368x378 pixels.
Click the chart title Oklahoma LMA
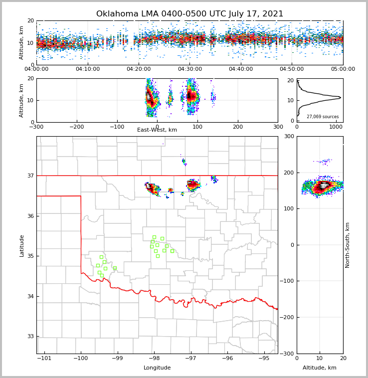189,14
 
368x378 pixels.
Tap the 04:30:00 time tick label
190,69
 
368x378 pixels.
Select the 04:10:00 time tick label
88,69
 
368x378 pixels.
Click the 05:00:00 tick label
343,69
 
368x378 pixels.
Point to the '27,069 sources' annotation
323,117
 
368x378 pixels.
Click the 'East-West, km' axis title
157,130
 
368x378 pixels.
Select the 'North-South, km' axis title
348,245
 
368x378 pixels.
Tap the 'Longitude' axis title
157,368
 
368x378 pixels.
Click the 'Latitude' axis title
21,245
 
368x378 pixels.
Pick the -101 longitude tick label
44,358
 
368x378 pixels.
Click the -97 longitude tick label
191,358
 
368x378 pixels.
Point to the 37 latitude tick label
30,176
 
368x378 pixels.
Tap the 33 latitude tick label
30,337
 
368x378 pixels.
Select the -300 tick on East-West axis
36,127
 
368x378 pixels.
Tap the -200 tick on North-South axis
288,317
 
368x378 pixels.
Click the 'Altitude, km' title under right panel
320,368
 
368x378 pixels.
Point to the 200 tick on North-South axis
289,173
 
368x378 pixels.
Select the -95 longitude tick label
264,358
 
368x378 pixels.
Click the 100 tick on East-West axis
197,127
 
